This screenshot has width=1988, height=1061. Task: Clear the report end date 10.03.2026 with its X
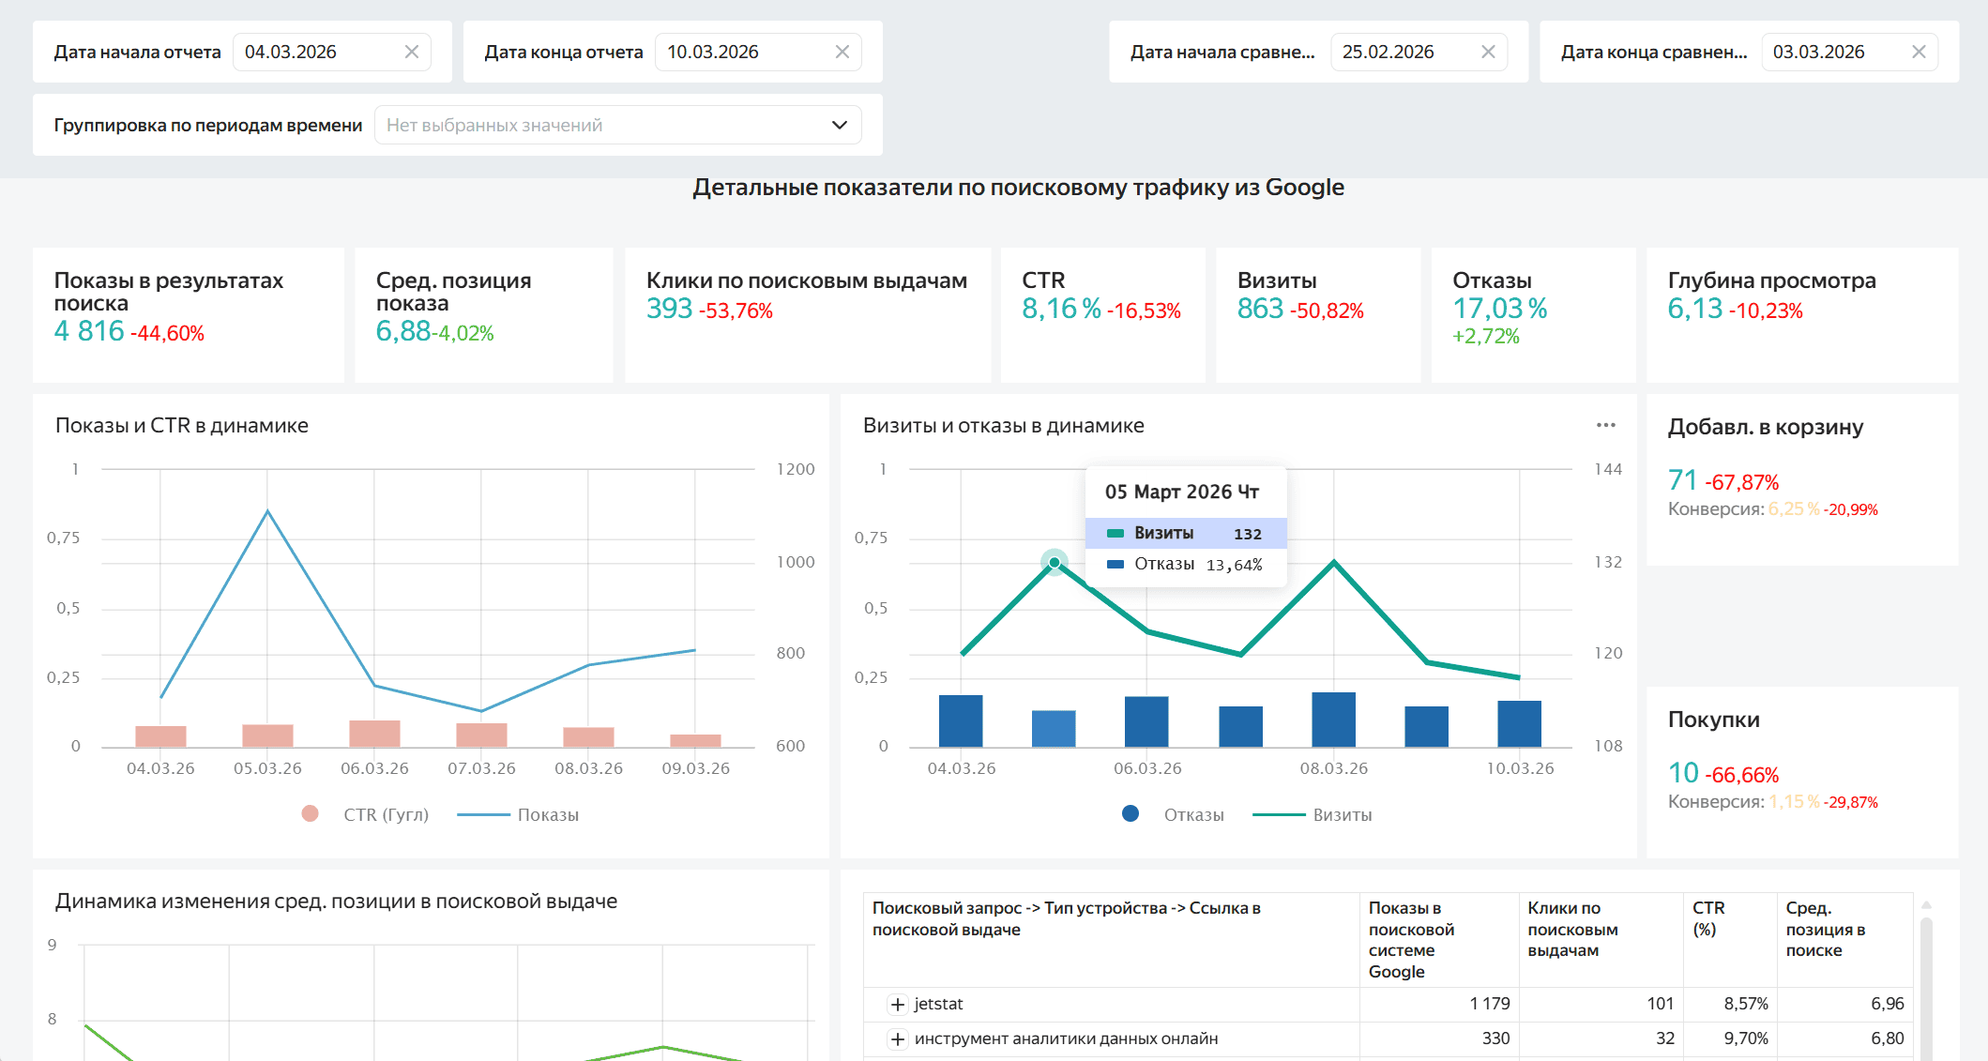pos(842,53)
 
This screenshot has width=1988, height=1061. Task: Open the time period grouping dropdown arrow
pos(839,126)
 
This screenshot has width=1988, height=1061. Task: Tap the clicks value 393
pos(669,309)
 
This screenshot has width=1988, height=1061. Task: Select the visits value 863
pos(1260,309)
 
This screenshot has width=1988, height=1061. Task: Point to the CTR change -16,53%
pos(1144,311)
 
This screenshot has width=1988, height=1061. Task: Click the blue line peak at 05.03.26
pos(267,511)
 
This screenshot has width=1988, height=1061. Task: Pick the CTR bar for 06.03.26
pos(374,733)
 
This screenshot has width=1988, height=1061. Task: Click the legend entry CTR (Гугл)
pos(385,815)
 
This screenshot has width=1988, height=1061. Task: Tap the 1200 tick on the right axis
pos(795,469)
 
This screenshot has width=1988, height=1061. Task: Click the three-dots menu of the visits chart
pos(1605,425)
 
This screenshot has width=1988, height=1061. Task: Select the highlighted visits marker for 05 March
pos(1055,563)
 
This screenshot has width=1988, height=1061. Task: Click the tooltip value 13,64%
pos(1234,565)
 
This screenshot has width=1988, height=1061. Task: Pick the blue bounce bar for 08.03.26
pos(1333,720)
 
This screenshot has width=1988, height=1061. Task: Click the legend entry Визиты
pos(1342,815)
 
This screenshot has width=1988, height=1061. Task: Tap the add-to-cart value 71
pos(1682,480)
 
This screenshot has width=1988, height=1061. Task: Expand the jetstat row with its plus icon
pos(898,1005)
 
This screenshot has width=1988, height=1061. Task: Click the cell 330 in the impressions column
pos(1495,1038)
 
